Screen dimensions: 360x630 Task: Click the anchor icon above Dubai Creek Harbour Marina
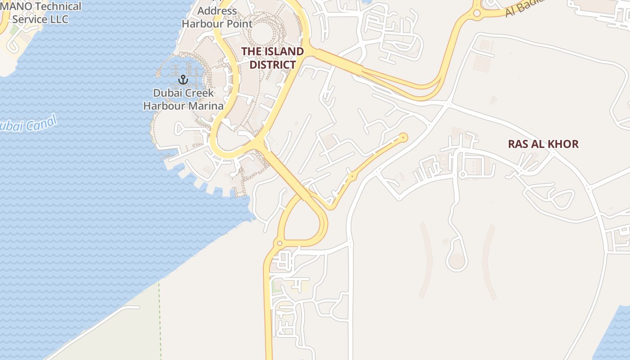coord(183,80)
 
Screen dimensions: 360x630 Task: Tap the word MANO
coord(18,7)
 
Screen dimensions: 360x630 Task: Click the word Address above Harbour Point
coord(217,11)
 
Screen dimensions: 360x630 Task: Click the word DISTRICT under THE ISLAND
coord(273,65)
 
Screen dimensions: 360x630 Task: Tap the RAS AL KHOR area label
coord(543,144)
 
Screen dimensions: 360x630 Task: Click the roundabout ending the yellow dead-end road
coord(404,137)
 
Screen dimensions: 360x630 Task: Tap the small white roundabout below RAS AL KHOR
coord(462,174)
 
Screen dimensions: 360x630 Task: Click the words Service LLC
coord(40,19)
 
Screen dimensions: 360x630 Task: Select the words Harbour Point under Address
coord(217,24)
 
